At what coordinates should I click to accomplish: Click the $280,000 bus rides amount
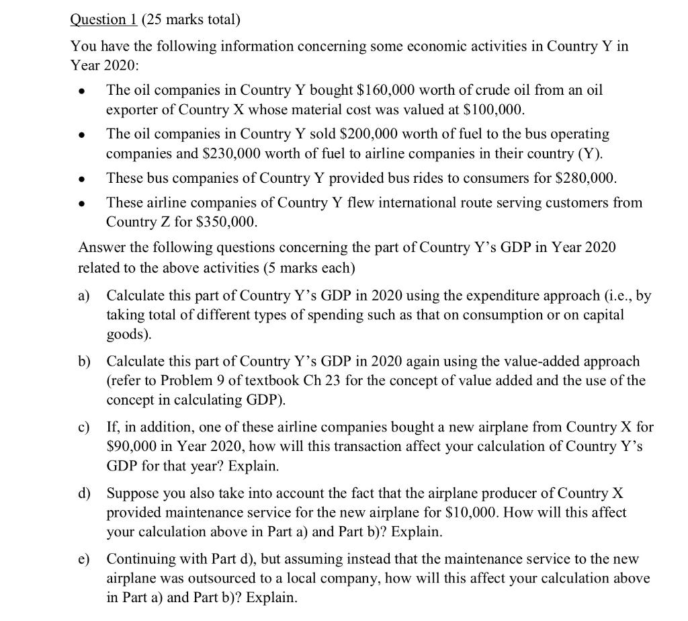[x=582, y=178]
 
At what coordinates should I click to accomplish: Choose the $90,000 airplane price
[x=135, y=446]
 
